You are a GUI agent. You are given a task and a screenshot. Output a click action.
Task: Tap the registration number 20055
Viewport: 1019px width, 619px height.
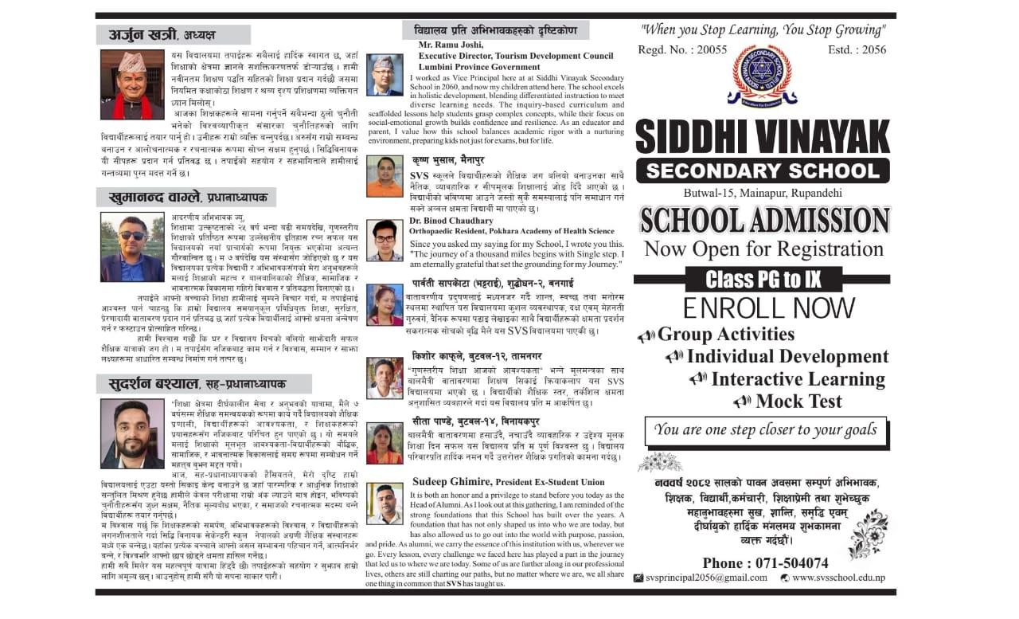tap(709, 49)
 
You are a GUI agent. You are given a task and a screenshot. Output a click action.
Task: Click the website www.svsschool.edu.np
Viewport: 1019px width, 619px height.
tap(838, 578)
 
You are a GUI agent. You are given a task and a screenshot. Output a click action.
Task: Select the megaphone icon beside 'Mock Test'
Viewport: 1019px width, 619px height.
tap(742, 402)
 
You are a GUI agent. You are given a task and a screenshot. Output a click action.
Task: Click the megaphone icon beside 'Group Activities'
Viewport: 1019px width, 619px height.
tap(646, 335)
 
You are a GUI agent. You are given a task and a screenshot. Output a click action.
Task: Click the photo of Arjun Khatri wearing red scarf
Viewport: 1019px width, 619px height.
tap(132, 84)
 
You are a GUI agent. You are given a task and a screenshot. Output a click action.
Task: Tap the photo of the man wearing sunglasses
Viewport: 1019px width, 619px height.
tap(132, 247)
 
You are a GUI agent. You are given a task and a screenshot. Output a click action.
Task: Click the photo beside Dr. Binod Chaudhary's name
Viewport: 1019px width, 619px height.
tap(385, 240)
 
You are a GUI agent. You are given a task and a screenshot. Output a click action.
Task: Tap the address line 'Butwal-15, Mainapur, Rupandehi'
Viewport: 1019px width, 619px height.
tap(763, 194)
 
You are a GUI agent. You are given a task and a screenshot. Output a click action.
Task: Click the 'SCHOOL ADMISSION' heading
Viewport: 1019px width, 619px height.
tap(764, 221)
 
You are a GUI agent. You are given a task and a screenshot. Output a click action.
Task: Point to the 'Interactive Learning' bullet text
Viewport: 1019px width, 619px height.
tap(798, 379)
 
